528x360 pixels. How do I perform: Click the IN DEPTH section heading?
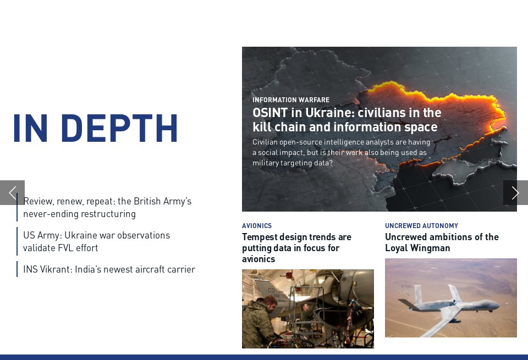point(95,129)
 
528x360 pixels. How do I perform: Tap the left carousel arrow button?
point(12,192)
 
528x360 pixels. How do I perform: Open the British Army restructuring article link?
point(107,207)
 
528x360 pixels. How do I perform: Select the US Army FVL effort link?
point(96,241)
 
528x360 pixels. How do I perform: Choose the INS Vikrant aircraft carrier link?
point(109,269)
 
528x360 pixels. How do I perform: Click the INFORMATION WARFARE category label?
point(291,100)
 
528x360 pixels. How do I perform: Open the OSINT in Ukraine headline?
point(346,120)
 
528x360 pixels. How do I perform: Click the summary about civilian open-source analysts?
point(341,152)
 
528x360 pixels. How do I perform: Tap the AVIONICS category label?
point(257,226)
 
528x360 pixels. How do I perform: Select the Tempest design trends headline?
point(296,248)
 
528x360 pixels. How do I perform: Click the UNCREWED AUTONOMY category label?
point(421,226)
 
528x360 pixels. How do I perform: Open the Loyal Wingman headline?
point(442,242)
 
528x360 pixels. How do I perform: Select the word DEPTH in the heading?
point(119,129)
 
